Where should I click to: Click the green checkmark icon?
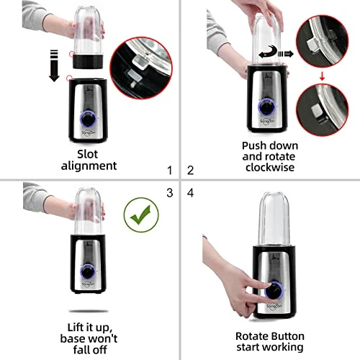coord(141,215)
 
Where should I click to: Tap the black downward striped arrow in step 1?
coord(54,66)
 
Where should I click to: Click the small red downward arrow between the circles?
coord(322,76)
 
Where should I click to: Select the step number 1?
coord(170,171)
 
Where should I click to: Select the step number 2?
coord(190,171)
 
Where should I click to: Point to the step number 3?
coord(170,193)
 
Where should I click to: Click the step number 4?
coord(190,193)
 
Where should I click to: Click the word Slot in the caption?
coord(87,154)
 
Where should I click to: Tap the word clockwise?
coord(270,167)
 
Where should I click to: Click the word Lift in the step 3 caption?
coord(77,328)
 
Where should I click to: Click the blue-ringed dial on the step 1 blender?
coord(88,119)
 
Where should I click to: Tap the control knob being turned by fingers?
coord(274,291)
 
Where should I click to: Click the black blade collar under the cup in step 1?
coord(88,62)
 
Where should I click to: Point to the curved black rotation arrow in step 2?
coord(269,52)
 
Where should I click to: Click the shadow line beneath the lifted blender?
coord(89,311)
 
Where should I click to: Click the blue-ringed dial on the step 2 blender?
coord(267,107)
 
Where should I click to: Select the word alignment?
coord(89,166)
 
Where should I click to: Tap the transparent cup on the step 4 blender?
coord(274,220)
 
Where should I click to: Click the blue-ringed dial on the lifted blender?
coord(88,271)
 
